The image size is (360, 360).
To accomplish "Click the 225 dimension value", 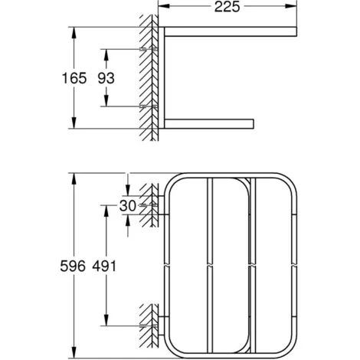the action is tap(227, 7).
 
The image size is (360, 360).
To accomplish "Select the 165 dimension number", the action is tap(74, 78).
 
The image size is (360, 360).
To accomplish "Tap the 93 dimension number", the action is tap(106, 78).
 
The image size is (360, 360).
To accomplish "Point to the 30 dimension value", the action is tap(128, 206).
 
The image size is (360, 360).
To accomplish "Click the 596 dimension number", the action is tap(73, 267).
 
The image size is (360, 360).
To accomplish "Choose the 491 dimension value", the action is tap(104, 267).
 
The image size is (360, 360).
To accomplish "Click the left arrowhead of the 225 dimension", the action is tap(164, 6).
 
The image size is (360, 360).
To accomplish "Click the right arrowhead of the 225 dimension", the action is tap(291, 6).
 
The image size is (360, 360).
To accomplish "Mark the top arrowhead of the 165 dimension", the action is tap(74, 33).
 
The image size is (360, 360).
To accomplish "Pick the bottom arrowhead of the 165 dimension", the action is tap(74, 123).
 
